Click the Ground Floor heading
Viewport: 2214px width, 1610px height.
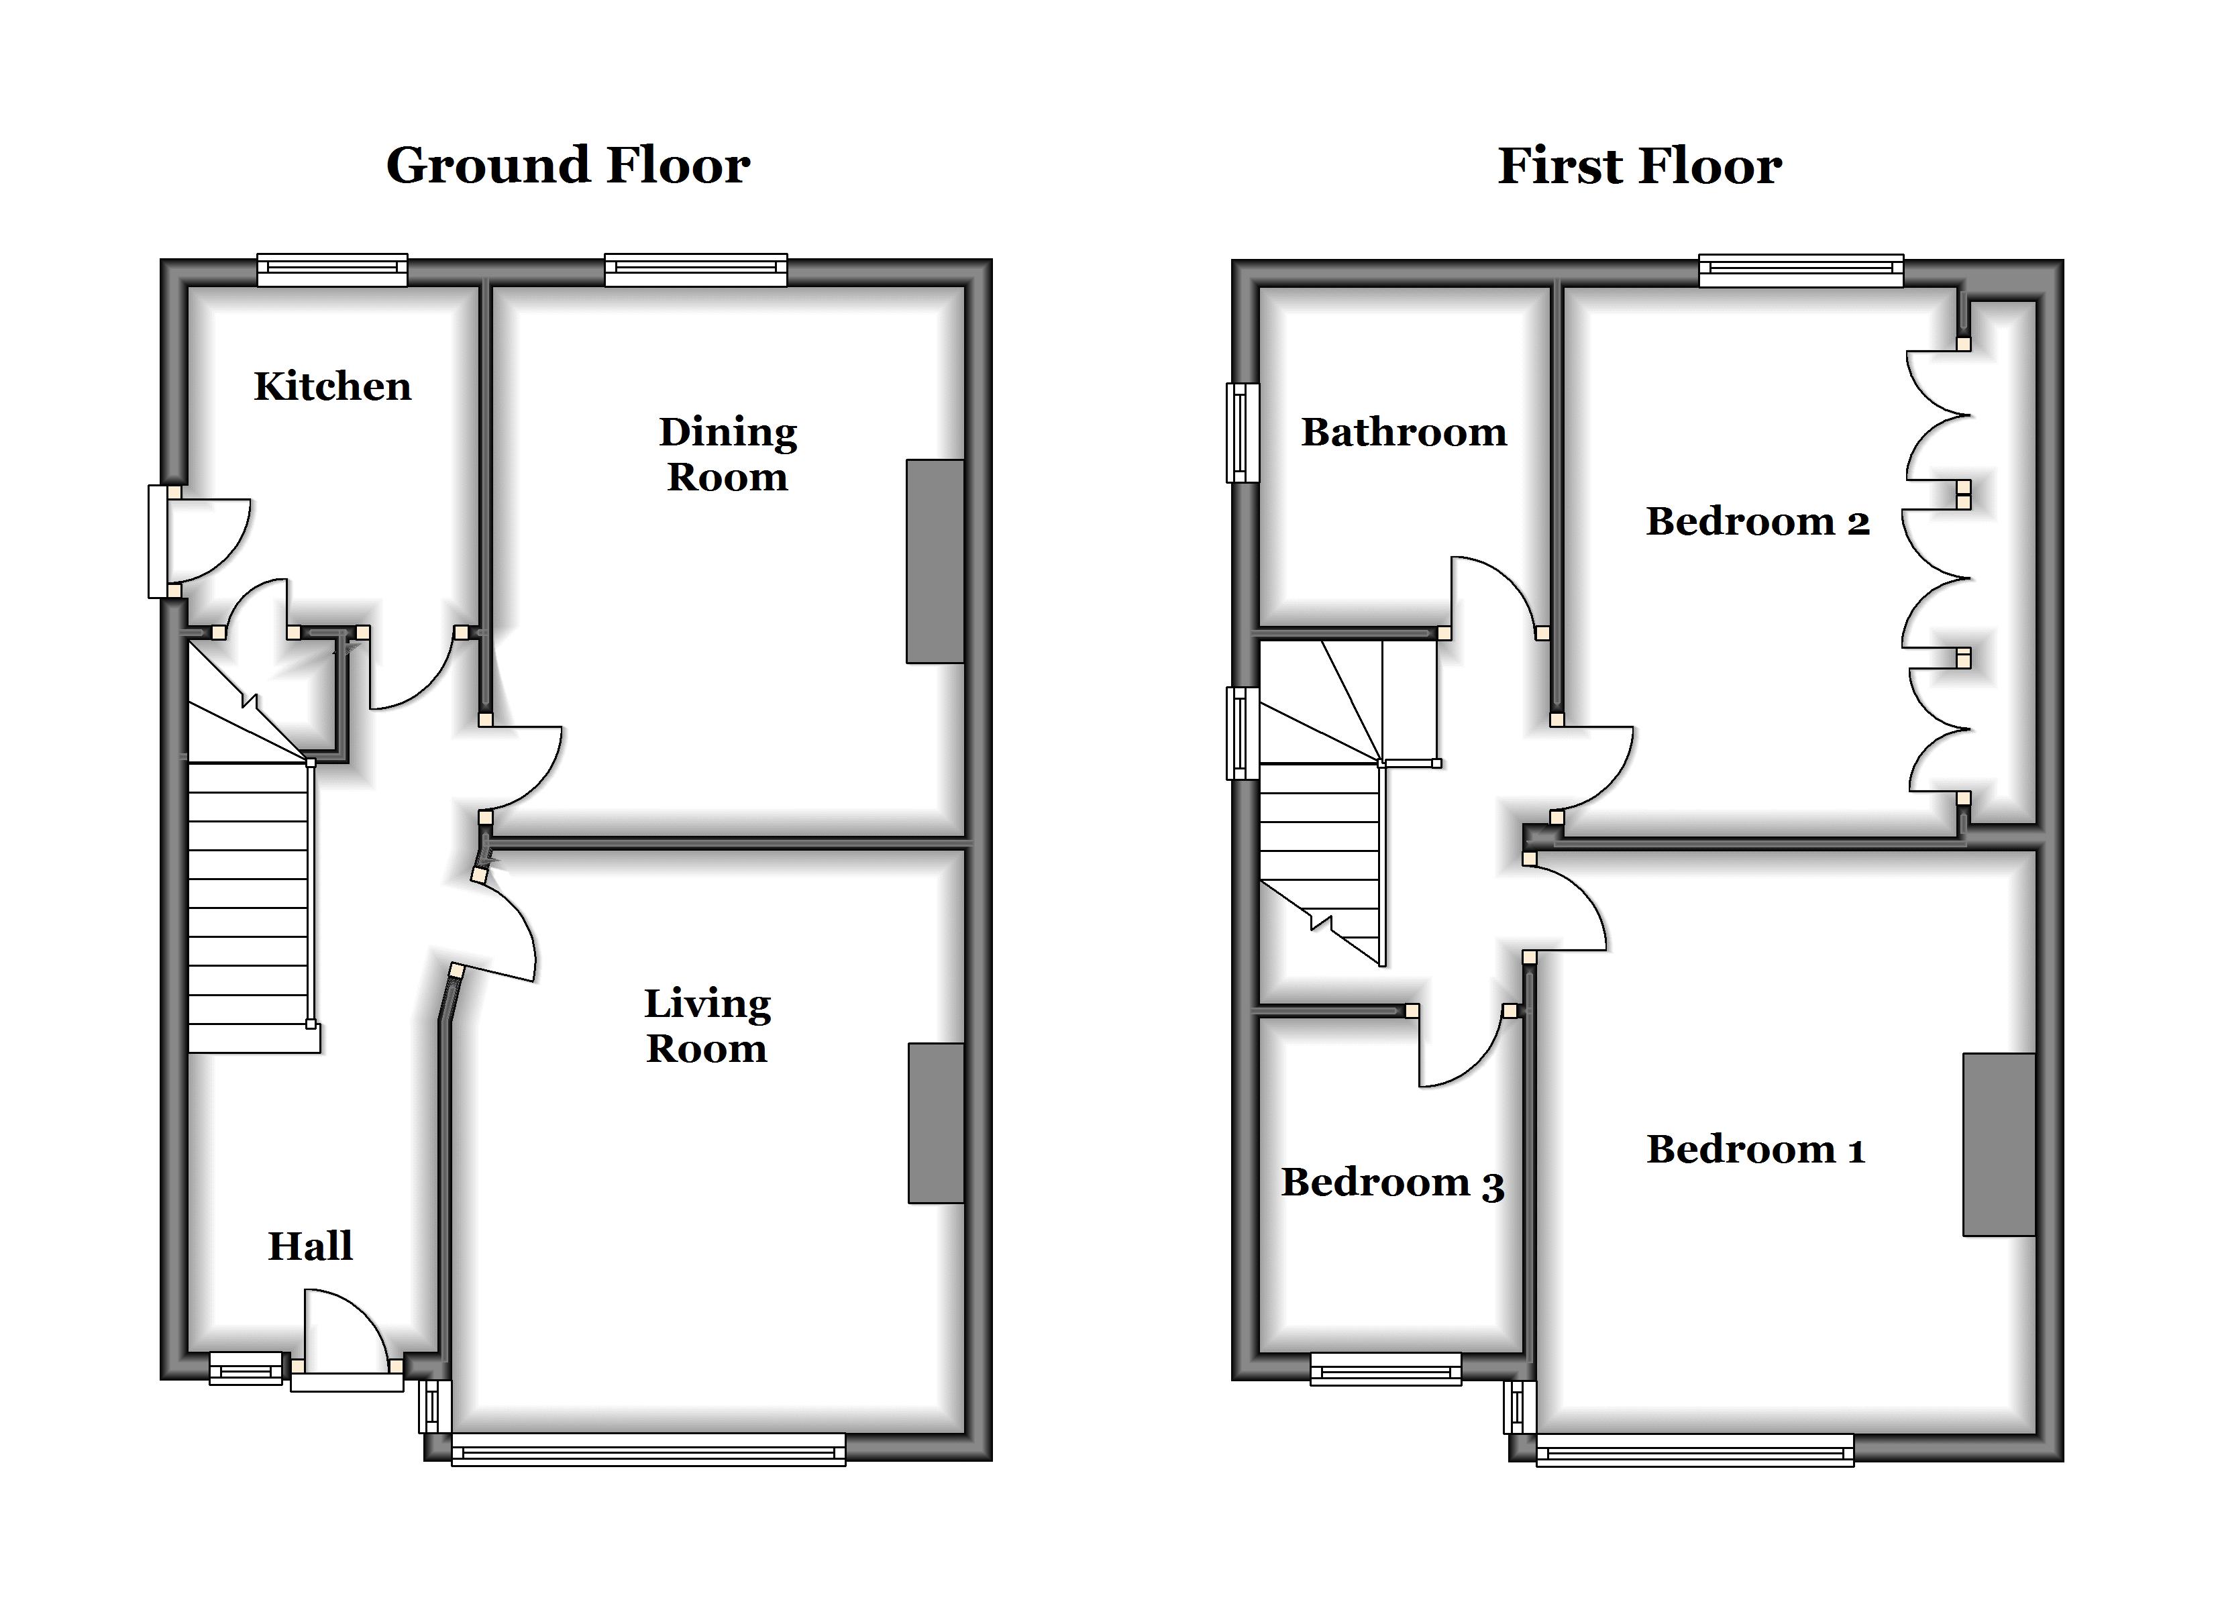point(568,166)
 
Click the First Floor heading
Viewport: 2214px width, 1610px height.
point(1640,166)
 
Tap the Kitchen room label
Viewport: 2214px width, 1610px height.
point(333,386)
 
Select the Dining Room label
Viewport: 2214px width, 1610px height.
point(728,454)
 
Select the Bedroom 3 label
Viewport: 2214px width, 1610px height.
point(1393,1183)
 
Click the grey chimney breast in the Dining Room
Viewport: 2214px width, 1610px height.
point(935,561)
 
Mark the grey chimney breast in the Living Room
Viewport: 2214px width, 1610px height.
point(936,1123)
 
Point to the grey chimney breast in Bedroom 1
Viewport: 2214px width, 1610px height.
point(1999,1144)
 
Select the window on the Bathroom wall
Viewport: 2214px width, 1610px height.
point(1242,433)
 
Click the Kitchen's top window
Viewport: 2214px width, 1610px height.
point(332,270)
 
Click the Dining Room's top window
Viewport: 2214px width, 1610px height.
point(695,270)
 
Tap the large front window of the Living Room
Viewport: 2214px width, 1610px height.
point(648,1449)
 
